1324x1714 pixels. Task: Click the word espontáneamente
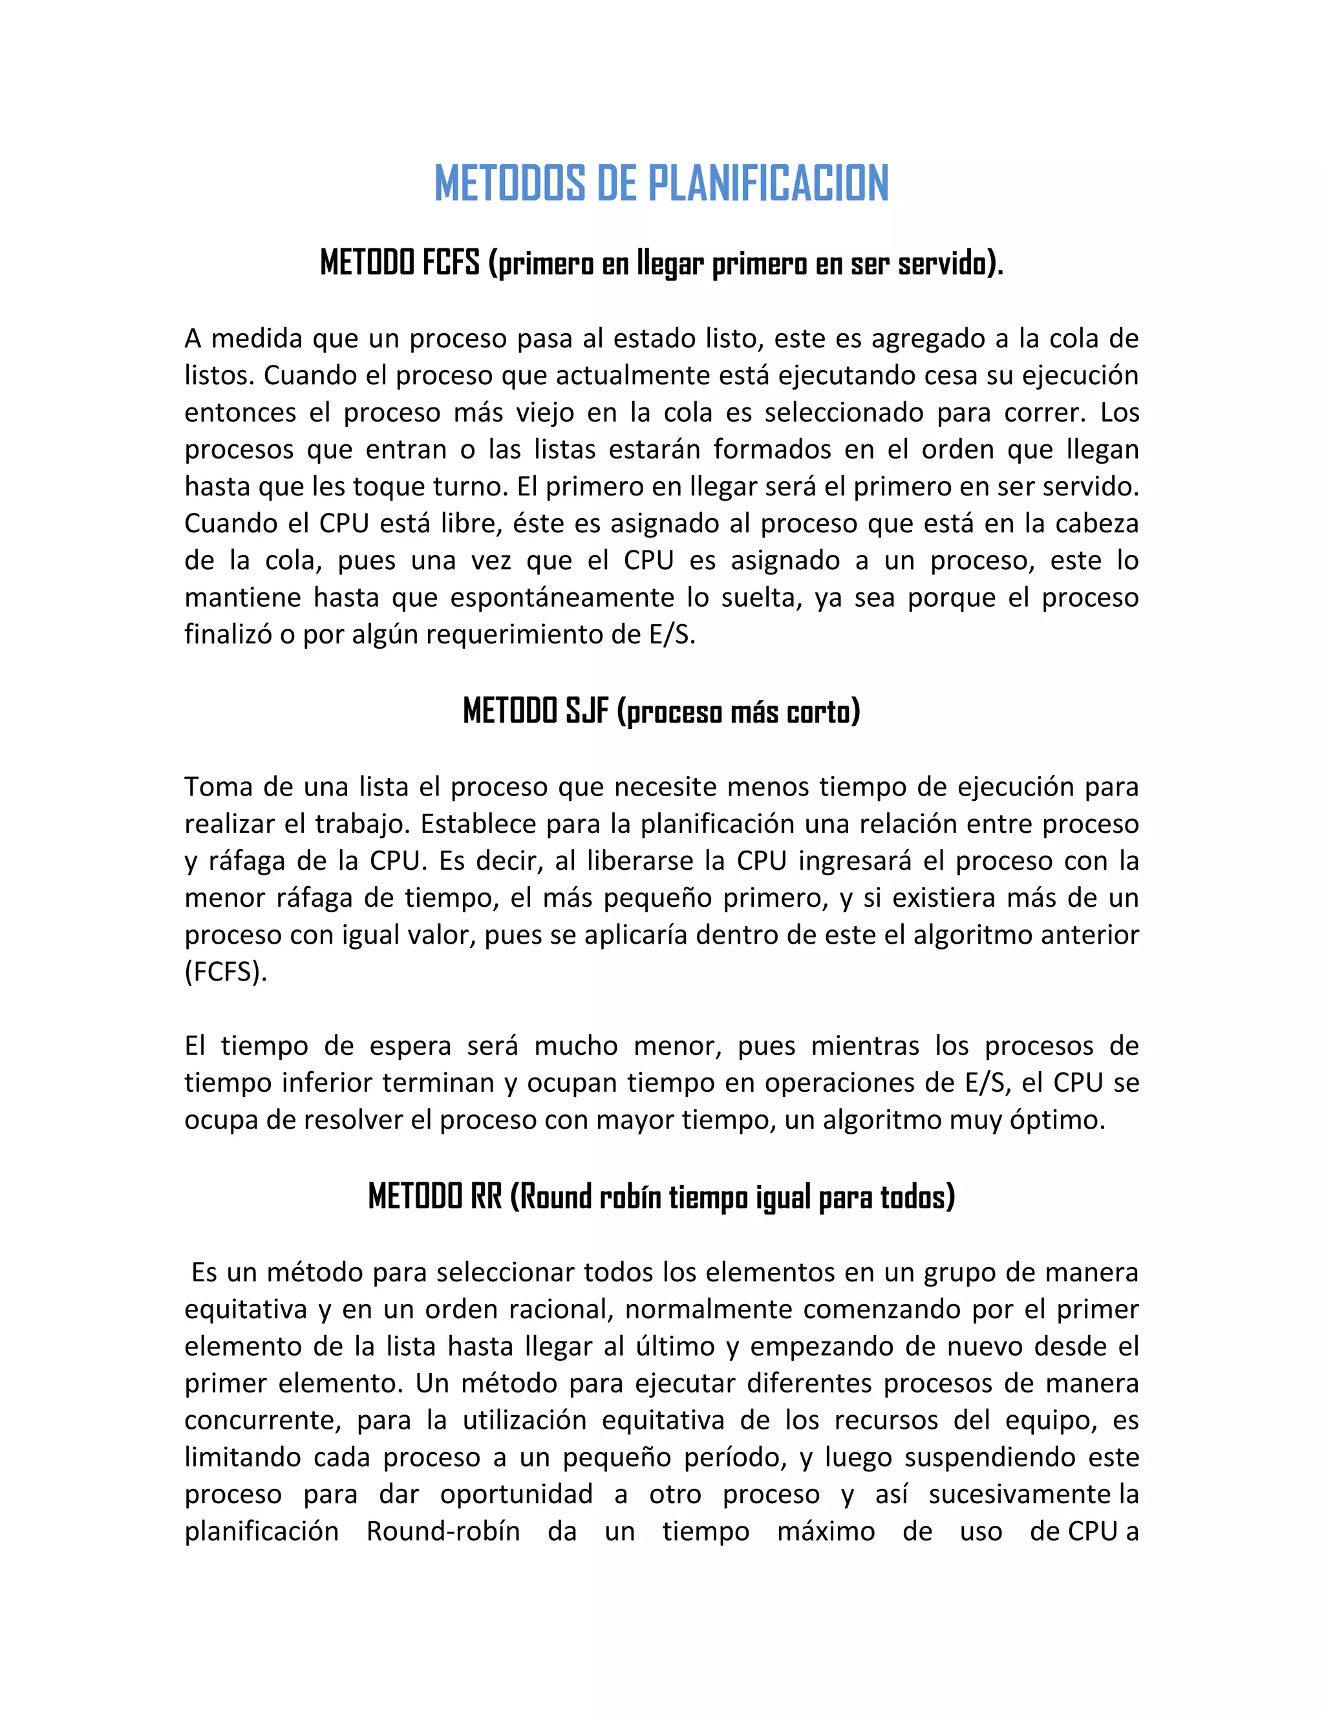tap(562, 597)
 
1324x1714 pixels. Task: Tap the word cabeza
tap(1096, 523)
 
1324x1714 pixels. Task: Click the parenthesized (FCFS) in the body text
tap(226, 971)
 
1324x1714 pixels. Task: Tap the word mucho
tap(577, 1046)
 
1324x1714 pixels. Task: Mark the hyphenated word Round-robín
tap(443, 1531)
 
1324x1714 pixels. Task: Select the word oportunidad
tap(515, 1494)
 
